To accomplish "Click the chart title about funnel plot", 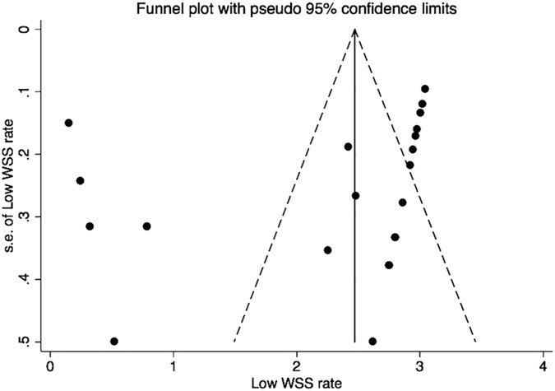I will point(295,9).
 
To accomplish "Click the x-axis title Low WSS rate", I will point(295,382).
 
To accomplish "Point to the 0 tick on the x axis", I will point(51,365).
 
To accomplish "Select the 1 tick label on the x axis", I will point(173,365).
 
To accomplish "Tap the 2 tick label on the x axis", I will point(297,365).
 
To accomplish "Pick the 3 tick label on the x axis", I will point(419,365).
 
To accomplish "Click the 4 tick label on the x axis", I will point(543,365).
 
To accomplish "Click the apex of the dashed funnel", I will point(354,29).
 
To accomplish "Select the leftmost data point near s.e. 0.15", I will point(68,123).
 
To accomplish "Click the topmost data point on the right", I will point(425,89).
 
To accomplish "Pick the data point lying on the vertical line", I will point(355,196).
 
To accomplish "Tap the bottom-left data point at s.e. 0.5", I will point(114,341).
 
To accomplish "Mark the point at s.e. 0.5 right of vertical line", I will point(372,341).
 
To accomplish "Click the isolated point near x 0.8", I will point(146,226).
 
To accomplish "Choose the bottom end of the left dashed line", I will point(234,341).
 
